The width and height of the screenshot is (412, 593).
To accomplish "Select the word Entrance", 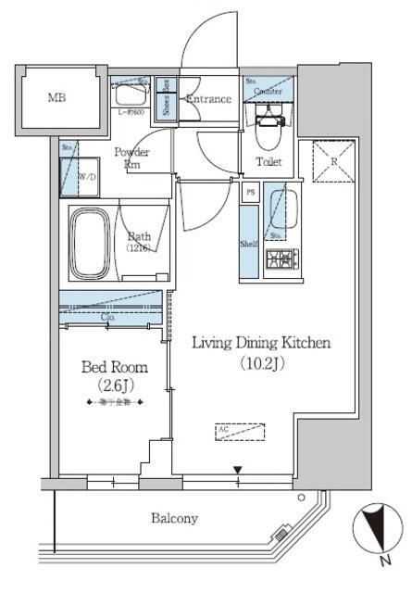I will click(208, 99).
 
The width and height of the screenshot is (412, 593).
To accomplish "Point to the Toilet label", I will click(268, 162).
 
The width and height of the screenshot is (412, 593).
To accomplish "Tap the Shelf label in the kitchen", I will click(248, 245).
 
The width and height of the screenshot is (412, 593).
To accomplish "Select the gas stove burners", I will click(279, 259).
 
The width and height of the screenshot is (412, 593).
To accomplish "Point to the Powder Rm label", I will click(130, 158).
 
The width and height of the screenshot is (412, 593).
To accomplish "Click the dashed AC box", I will click(240, 431).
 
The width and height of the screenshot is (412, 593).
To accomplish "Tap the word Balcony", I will click(174, 519).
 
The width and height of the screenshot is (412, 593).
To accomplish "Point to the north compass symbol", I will click(375, 532).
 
